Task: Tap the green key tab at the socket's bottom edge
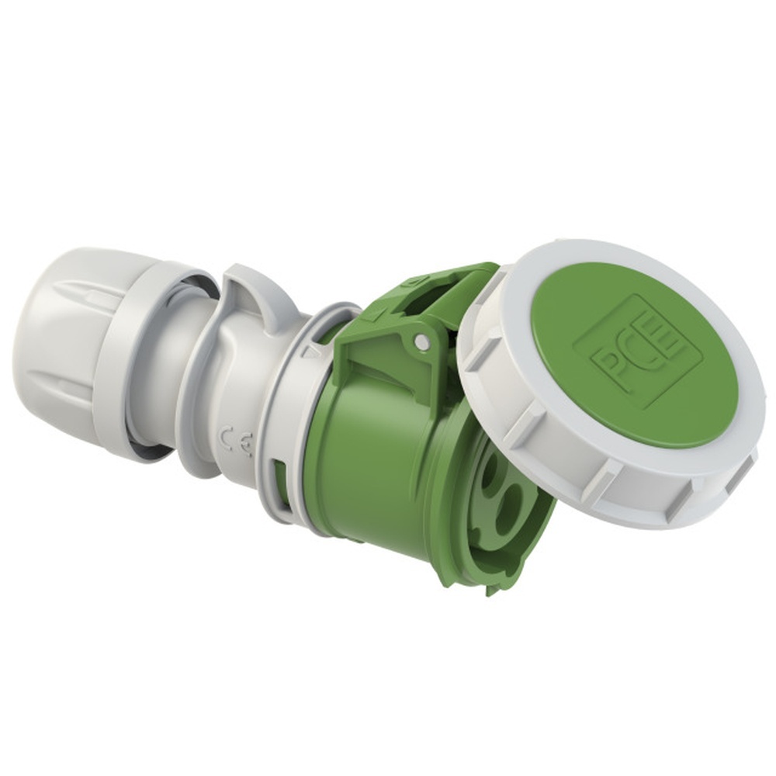click(492, 590)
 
